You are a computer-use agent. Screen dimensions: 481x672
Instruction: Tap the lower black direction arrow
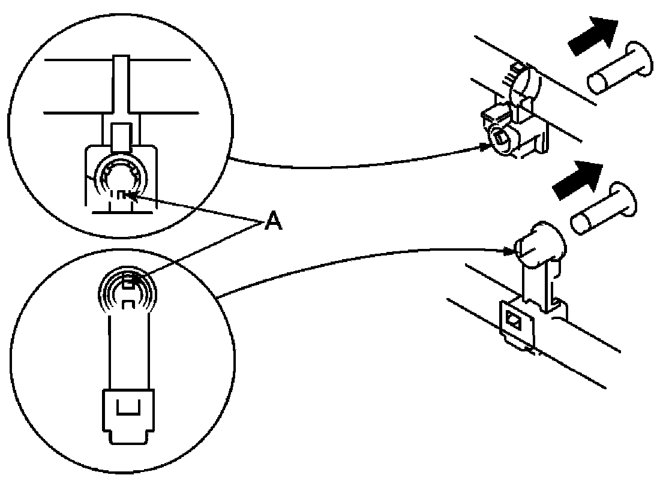click(x=578, y=180)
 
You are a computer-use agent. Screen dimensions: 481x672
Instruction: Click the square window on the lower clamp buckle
click(x=513, y=318)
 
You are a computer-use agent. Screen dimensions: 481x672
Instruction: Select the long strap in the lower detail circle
click(x=128, y=354)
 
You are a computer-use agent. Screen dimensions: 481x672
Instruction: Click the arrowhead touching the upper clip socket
click(x=487, y=145)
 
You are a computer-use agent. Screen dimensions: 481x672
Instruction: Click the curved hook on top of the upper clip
click(x=523, y=81)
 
